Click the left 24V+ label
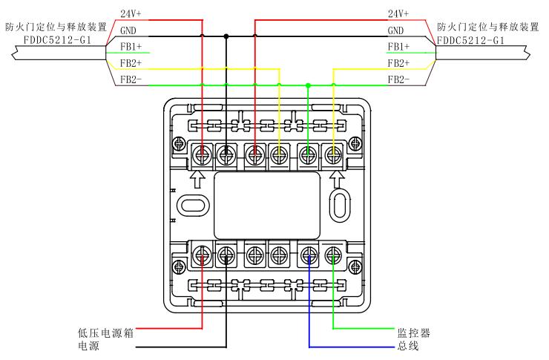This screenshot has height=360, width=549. point(131,13)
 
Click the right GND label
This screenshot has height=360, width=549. point(396,30)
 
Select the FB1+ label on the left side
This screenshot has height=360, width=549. point(131,47)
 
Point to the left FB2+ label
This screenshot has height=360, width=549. point(131,63)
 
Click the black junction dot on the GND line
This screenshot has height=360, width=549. point(227,35)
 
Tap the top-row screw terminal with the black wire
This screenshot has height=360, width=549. point(227,154)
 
